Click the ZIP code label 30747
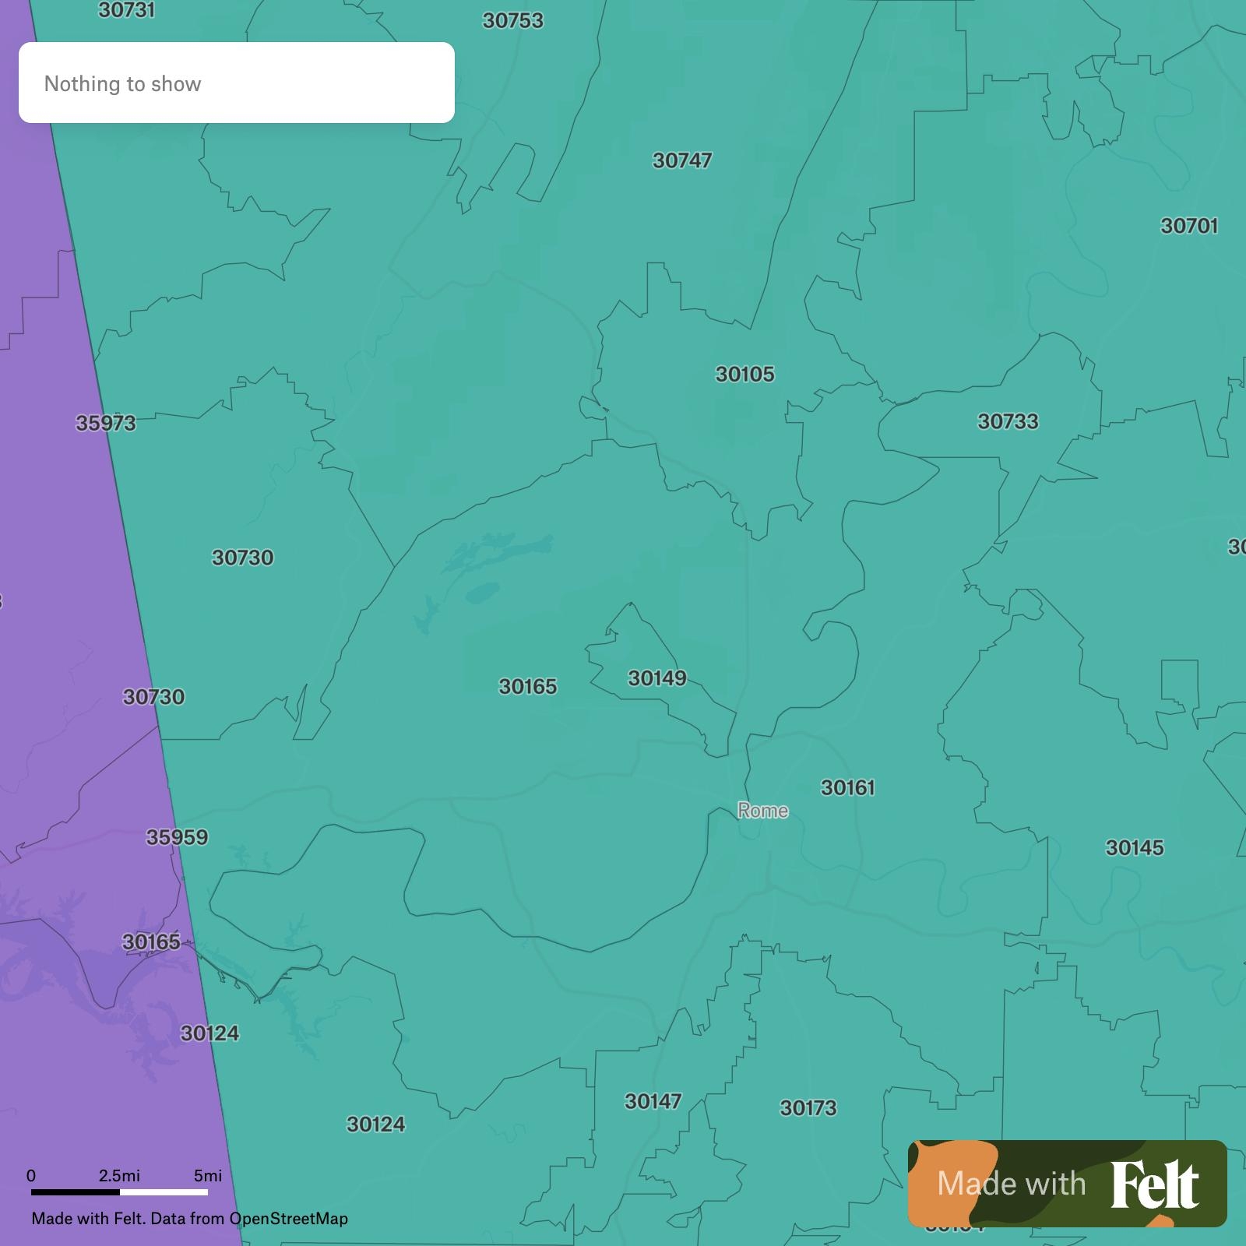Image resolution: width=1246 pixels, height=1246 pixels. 682,160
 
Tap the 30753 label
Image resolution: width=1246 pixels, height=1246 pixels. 512,21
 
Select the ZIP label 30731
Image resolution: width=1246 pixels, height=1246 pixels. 126,10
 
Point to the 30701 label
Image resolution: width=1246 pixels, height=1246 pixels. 1189,226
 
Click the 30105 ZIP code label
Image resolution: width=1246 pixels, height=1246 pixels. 745,375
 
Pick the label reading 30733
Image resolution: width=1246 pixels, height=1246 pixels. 1008,422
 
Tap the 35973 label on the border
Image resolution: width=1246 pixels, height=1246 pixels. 106,424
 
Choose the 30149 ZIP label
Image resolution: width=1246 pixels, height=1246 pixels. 657,678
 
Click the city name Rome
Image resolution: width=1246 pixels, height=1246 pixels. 763,811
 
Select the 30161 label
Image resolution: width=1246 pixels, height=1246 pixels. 848,788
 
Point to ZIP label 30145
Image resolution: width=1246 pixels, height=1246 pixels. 1135,848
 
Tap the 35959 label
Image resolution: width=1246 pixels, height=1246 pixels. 178,838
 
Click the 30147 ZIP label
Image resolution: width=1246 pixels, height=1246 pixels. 653,1102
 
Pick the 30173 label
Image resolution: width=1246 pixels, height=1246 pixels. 808,1108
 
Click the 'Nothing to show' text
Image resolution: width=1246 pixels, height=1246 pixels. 123,84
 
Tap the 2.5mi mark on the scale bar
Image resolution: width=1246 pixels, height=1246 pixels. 119,1176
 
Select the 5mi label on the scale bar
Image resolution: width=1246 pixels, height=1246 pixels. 208,1176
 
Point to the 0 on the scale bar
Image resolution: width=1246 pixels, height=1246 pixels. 31,1176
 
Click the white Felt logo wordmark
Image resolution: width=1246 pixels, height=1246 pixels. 1154,1185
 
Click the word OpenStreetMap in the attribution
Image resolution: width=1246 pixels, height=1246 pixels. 288,1219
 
